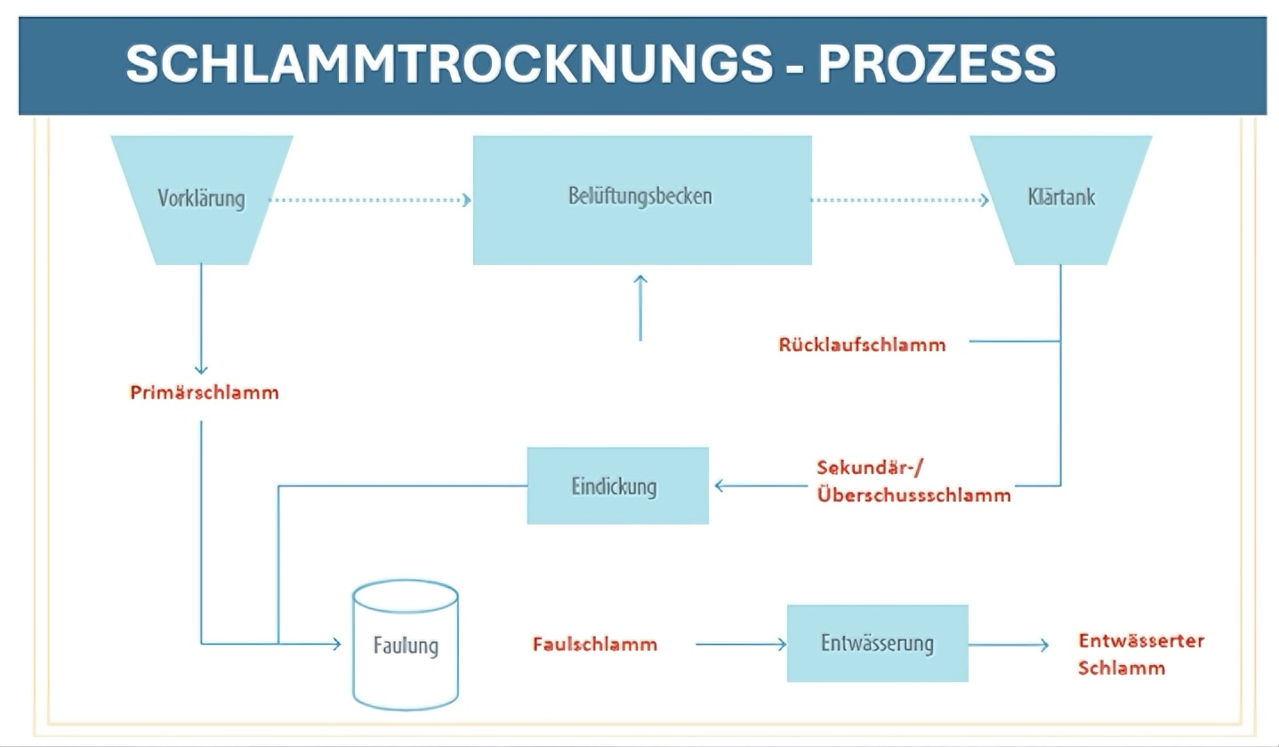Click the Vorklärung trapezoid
tap(201, 199)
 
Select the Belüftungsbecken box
tap(641, 199)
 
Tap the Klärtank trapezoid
tap(1060, 199)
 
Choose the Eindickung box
tap(617, 486)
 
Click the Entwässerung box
tap(877, 643)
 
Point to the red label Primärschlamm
tap(204, 392)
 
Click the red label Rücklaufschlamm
tap(861, 344)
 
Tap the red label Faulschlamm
tap(595, 644)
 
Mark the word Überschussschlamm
tap(913, 496)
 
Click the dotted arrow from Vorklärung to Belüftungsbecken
tap(369, 200)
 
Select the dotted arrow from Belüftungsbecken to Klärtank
tap(898, 200)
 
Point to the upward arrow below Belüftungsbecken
tap(640, 308)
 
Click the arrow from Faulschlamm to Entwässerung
tap(739, 644)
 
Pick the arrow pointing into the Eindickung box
tap(760, 486)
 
